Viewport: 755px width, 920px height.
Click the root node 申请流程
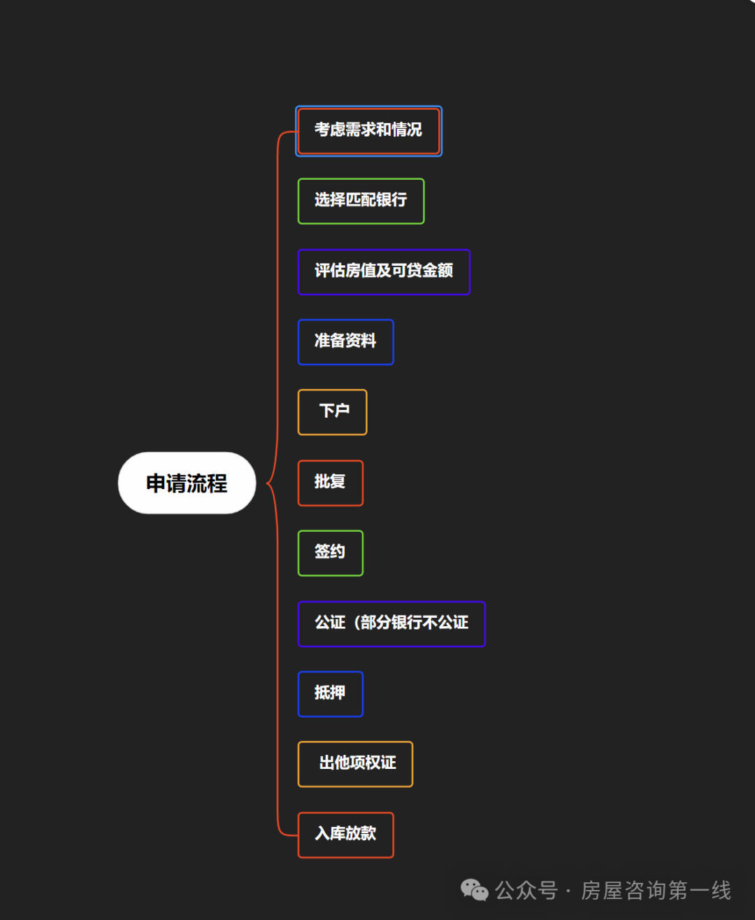[187, 483]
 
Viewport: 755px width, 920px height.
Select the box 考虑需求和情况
[368, 131]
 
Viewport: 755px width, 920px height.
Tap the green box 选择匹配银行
[361, 201]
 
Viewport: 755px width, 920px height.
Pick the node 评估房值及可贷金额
[384, 271]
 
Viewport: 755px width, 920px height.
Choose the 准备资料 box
[345, 341]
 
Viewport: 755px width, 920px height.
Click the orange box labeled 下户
[333, 412]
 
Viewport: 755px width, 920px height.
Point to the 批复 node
[330, 482]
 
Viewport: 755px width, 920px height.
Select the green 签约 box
[330, 553]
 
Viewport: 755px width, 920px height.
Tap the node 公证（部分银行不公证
[391, 623]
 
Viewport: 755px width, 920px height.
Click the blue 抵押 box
[330, 693]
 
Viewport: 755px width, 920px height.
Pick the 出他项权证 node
[355, 763]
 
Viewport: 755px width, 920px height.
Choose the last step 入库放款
[345, 834]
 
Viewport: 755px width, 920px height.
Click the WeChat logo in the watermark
[475, 890]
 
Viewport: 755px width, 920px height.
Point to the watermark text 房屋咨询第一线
[656, 890]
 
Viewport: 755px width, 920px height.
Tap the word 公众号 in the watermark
[526, 890]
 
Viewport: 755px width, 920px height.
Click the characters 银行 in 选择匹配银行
[391, 200]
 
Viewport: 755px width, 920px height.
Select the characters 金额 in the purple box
[438, 271]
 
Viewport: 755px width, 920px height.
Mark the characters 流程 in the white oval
[207, 483]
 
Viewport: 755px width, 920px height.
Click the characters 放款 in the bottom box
[361, 833]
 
